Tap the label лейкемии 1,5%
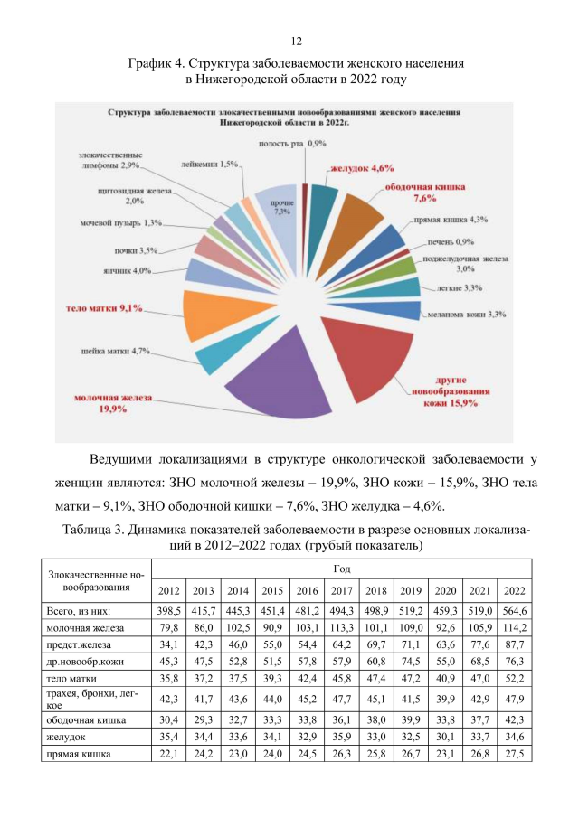click(209, 164)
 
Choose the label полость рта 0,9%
click(292, 144)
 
